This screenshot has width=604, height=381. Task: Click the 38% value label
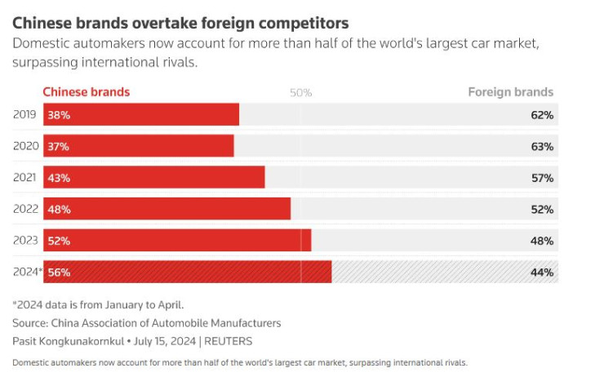(x=59, y=115)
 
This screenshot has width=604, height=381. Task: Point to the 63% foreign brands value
(x=542, y=147)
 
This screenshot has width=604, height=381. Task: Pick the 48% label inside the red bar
(x=59, y=210)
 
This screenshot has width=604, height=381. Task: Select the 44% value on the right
(x=542, y=272)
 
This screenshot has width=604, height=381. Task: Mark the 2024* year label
(x=27, y=271)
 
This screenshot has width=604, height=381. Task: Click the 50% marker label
(x=301, y=93)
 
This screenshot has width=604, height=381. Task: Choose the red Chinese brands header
(x=86, y=92)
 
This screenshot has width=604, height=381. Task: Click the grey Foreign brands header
(x=510, y=92)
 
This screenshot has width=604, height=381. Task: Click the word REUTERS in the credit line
(x=228, y=341)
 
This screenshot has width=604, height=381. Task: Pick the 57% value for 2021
(x=542, y=178)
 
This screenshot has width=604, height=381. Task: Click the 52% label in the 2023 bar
(x=59, y=241)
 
